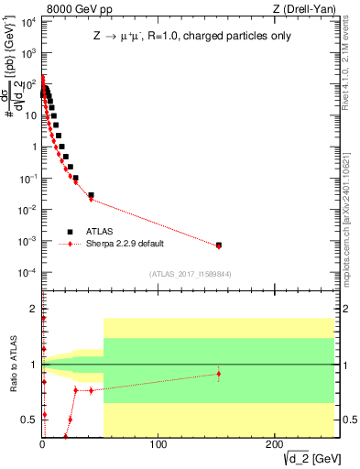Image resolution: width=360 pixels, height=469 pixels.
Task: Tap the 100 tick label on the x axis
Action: tap(158, 444)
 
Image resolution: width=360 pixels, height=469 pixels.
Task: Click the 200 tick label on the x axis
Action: tap(273, 444)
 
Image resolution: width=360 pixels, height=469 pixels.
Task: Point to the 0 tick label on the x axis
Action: tap(42, 444)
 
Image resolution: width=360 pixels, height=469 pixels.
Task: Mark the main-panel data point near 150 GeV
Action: tap(218, 245)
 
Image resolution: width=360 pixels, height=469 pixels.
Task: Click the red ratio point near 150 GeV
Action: tap(218, 373)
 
